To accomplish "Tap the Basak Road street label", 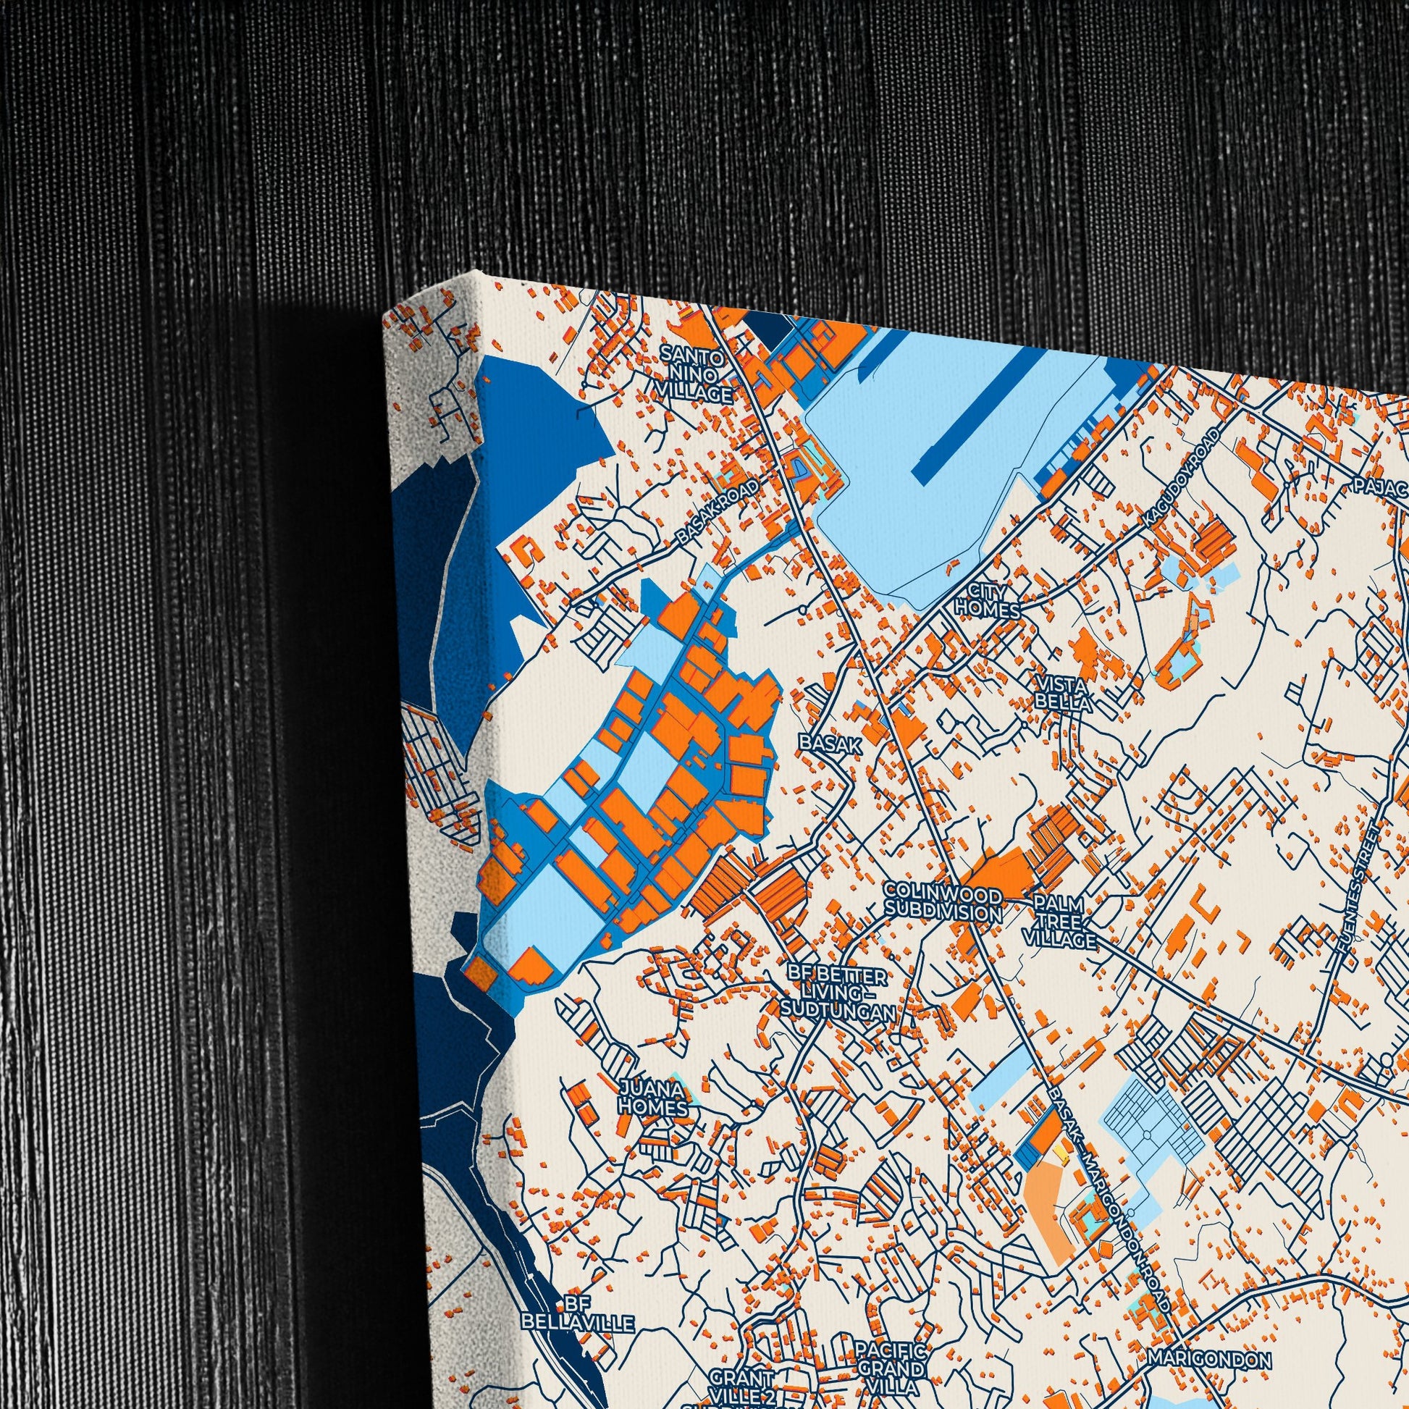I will (x=718, y=510).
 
